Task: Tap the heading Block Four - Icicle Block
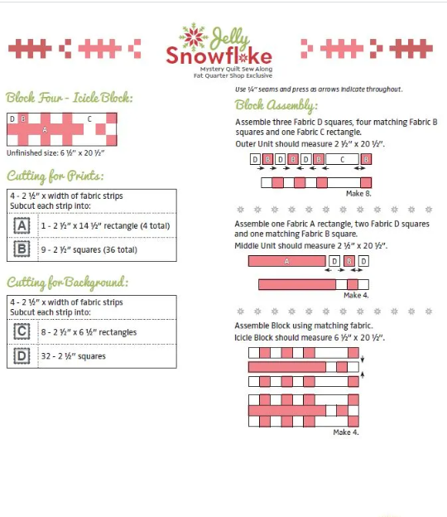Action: click(70, 97)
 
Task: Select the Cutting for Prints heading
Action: click(56, 176)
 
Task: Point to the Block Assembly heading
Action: click(276, 105)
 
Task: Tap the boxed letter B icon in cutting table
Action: click(23, 249)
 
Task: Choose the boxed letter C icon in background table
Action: click(23, 331)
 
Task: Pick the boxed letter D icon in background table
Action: click(23, 356)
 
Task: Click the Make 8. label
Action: click(358, 191)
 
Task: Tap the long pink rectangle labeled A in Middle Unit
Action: click(286, 261)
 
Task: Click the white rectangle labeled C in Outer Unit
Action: click(342, 159)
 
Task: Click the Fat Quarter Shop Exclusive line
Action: click(226, 80)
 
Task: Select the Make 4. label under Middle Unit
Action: click(357, 295)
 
